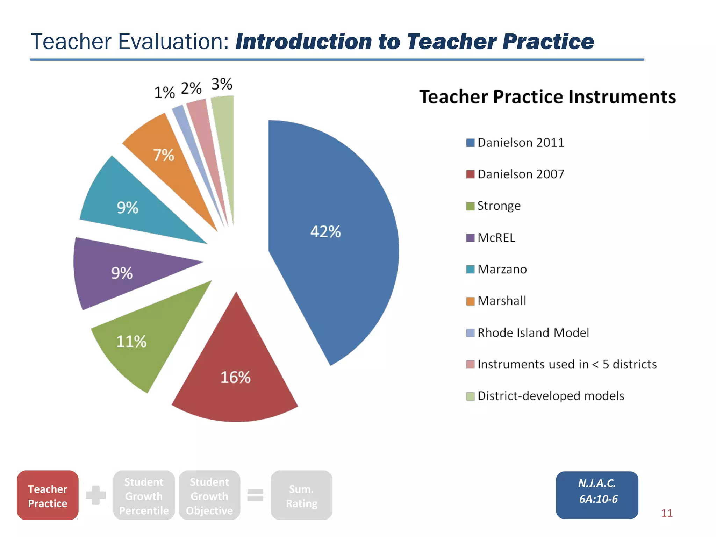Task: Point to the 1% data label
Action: point(164,93)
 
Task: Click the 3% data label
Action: point(222,84)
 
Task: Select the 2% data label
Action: point(191,88)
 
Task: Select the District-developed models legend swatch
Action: point(470,396)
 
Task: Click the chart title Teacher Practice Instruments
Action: point(547,97)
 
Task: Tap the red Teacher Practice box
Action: point(48,495)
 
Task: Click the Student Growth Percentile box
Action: point(144,495)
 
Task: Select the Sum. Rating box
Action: point(301,495)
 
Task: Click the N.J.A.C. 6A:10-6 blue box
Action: point(597,495)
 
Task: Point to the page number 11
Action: point(667,513)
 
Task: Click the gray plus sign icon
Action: point(96,495)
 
